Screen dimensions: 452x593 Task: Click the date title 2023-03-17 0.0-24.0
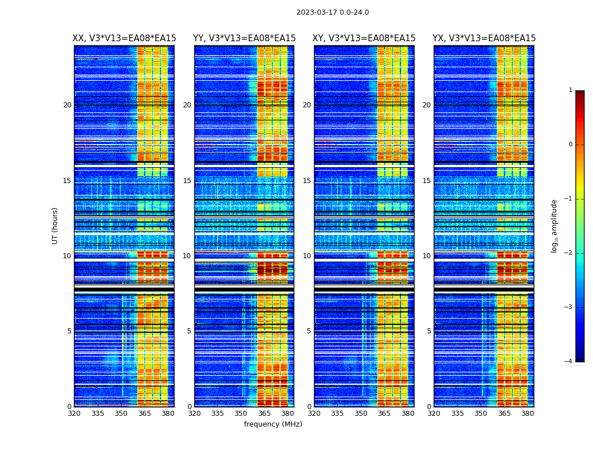click(333, 12)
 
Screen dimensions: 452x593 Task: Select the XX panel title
click(124, 38)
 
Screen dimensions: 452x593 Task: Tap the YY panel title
click(244, 38)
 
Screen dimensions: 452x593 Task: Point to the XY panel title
click(364, 38)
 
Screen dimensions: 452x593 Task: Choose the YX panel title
click(484, 38)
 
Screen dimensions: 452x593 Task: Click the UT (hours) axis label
click(55, 225)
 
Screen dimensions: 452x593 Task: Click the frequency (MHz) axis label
click(273, 424)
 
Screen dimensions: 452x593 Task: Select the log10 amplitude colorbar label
click(555, 225)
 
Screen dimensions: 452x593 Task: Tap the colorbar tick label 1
click(570, 90)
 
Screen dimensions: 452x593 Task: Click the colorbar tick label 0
click(570, 145)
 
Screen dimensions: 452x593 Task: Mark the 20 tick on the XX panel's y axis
click(67, 105)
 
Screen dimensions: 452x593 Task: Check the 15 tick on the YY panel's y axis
click(187, 181)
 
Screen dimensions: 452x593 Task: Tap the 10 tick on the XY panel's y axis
click(307, 256)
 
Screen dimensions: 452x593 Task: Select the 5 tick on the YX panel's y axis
click(429, 331)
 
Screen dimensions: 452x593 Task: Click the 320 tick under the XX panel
click(74, 414)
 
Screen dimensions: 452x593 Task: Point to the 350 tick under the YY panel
click(241, 414)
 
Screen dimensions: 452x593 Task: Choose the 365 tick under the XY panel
click(384, 414)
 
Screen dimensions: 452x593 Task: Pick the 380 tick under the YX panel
click(527, 414)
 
